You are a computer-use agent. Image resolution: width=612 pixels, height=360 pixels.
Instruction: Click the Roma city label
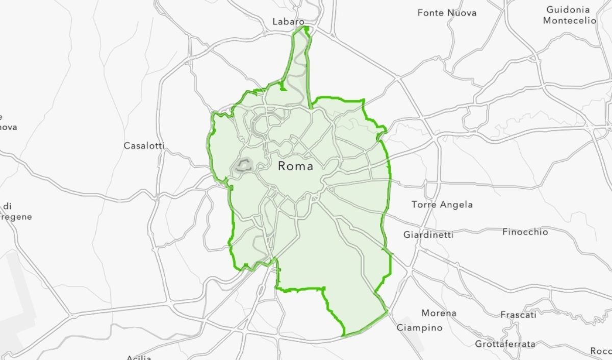[x=296, y=166]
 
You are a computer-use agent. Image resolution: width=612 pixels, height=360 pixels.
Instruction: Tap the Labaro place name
[x=288, y=22]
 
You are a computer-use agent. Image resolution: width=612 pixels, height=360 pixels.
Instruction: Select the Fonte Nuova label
[x=447, y=13]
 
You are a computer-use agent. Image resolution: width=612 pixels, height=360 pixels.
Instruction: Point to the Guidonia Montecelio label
[x=569, y=15]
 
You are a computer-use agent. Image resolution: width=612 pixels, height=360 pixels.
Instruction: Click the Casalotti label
[x=144, y=146]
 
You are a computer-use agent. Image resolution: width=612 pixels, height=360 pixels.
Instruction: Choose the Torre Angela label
[x=442, y=205]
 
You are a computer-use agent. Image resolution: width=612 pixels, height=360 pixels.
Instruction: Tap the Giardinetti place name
[x=428, y=235]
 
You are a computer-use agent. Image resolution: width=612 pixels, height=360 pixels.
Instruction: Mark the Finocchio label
[x=525, y=232]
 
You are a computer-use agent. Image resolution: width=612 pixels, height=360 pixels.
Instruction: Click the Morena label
[x=439, y=313]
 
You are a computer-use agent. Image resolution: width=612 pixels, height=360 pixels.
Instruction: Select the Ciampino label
[x=420, y=328]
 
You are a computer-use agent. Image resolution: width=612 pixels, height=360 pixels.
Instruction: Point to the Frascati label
[x=518, y=315]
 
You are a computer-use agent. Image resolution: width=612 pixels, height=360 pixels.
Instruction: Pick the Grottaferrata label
[x=505, y=344]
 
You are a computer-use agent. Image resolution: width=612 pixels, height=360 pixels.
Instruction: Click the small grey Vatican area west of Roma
[x=243, y=165]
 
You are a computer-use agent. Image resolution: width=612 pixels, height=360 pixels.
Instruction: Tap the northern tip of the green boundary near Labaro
[x=306, y=28]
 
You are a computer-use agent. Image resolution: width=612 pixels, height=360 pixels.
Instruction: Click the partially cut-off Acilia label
[x=139, y=357]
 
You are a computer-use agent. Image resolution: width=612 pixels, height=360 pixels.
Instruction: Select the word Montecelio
[x=569, y=21]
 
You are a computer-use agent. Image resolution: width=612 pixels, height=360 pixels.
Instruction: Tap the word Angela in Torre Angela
[x=455, y=205]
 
